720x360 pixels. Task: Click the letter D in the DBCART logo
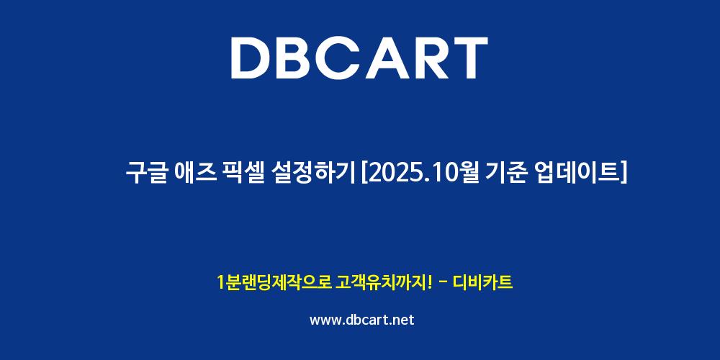click(251, 58)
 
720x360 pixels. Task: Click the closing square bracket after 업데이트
click(623, 174)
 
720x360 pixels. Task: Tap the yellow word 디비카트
click(482, 282)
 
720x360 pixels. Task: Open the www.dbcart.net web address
click(362, 320)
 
